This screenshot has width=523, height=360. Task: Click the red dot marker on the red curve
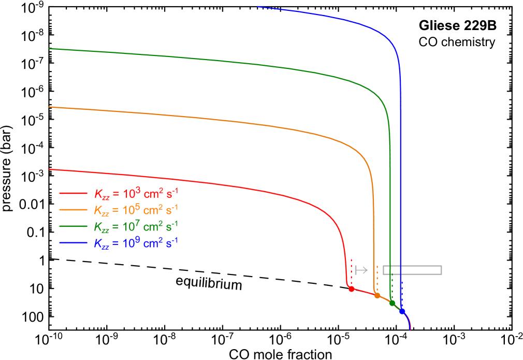pyautogui.click(x=351, y=289)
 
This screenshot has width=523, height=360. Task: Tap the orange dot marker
pyautogui.click(x=377, y=295)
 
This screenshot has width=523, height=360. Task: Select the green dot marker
pyautogui.click(x=392, y=303)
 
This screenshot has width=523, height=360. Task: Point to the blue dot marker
pyautogui.click(x=402, y=311)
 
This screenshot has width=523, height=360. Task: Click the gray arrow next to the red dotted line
pyautogui.click(x=361, y=270)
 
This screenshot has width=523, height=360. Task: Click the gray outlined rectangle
pyautogui.click(x=412, y=270)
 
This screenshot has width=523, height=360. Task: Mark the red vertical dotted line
pyautogui.click(x=351, y=272)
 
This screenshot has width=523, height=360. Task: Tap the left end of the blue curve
pyautogui.click(x=258, y=7)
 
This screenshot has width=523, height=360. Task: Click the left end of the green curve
pyautogui.click(x=49, y=49)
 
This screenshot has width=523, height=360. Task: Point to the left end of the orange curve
pyautogui.click(x=49, y=107)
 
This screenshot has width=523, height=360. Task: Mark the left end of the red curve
pyautogui.click(x=49, y=169)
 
